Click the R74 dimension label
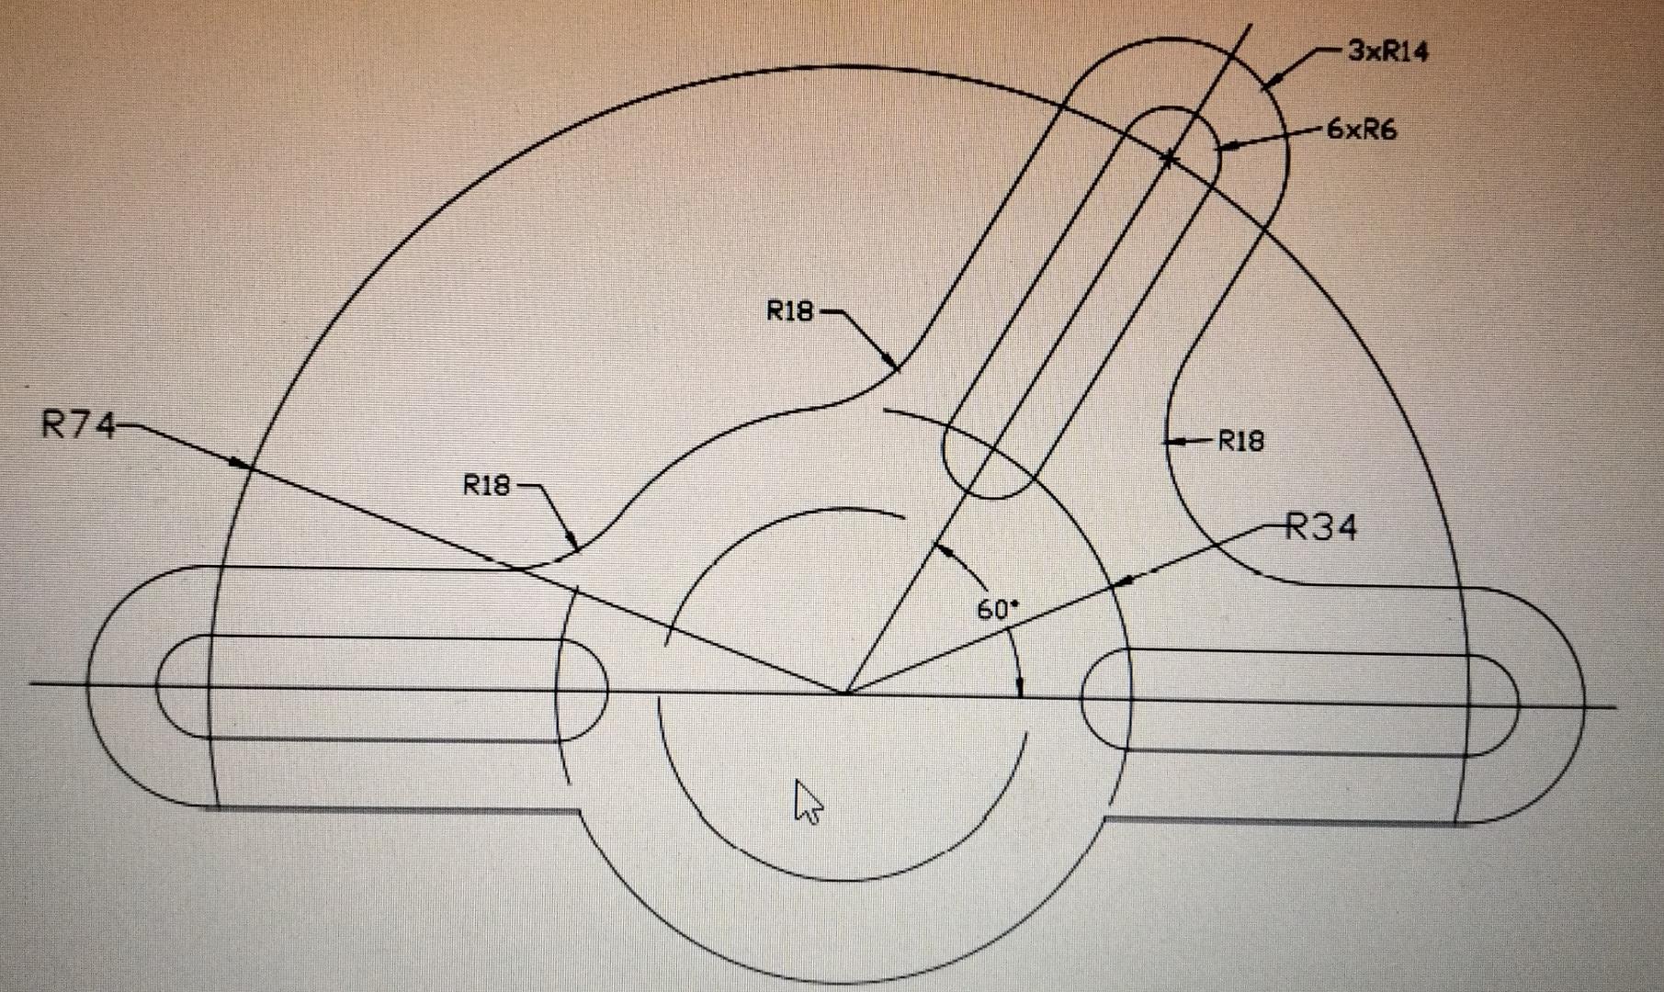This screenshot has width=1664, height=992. [x=78, y=426]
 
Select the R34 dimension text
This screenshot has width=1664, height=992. [x=1319, y=528]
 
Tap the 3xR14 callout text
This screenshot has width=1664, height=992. [x=1388, y=52]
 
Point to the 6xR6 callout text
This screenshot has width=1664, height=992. [x=1361, y=130]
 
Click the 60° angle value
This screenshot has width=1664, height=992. [x=997, y=609]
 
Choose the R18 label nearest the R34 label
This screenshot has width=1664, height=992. [x=1240, y=442]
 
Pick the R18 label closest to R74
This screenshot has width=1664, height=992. [x=486, y=485]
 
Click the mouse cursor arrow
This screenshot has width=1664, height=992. [x=807, y=801]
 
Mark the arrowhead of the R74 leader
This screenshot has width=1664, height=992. [x=241, y=464]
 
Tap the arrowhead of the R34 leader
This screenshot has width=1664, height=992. [x=1123, y=581]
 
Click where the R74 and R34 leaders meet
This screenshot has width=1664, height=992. [x=845, y=692]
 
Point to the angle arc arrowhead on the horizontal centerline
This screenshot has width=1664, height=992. [x=1020, y=687]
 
